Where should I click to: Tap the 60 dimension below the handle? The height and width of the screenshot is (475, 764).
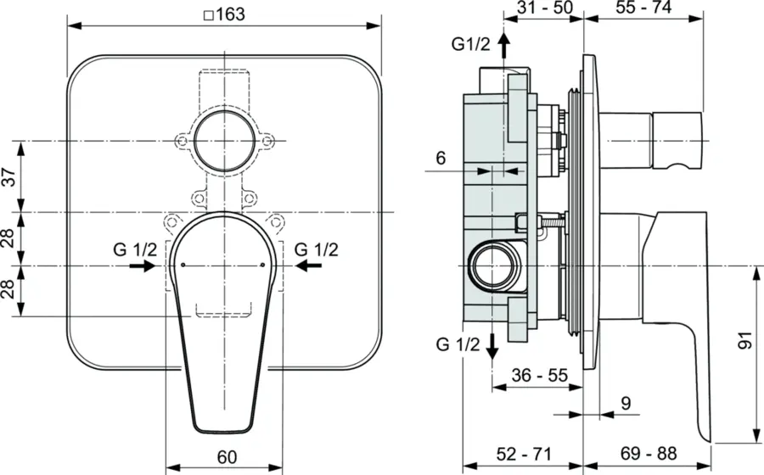click(x=226, y=457)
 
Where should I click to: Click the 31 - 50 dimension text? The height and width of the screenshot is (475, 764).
click(x=544, y=9)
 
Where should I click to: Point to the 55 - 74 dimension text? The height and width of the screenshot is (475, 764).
click(x=644, y=9)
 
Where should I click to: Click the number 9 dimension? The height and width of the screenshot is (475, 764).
click(x=625, y=405)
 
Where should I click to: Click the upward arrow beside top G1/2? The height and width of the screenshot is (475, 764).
click(x=503, y=44)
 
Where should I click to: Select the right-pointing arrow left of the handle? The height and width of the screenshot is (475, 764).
click(x=142, y=266)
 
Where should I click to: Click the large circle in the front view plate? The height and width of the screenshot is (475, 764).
click(x=223, y=140)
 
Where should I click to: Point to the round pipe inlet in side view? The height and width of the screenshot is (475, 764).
click(x=492, y=266)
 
